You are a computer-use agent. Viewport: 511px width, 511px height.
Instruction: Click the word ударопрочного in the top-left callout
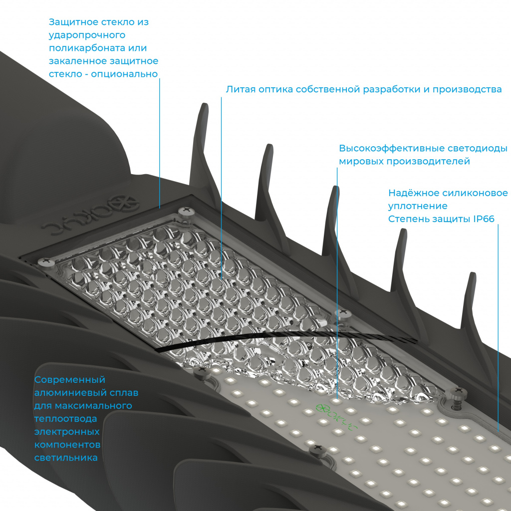coord(87,35)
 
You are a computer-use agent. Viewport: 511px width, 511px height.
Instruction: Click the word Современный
coord(70,380)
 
